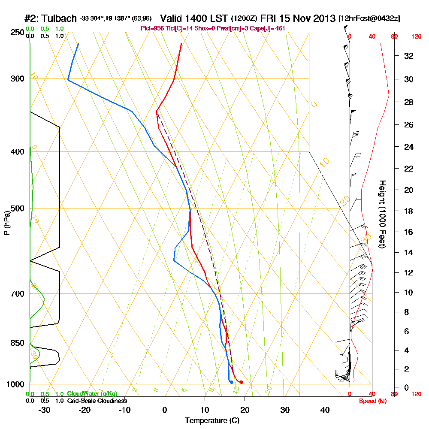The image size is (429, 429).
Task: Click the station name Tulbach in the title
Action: click(58, 18)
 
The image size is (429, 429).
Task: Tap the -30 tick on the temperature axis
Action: click(45, 410)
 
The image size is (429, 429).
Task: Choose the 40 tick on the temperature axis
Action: click(325, 410)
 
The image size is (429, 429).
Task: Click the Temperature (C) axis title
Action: click(212, 421)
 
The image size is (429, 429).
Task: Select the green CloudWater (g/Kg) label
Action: click(92, 394)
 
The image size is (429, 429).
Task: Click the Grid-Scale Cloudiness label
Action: click(97, 401)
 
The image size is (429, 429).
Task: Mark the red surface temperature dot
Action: click(242, 382)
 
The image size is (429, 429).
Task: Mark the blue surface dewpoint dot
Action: click(231, 382)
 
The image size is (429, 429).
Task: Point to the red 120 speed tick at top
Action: click(416, 37)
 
